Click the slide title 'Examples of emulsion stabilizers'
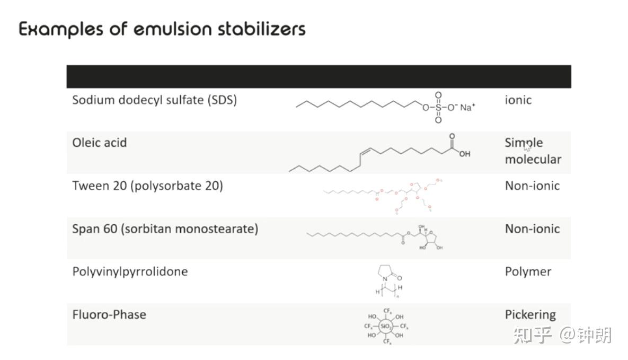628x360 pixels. click(x=162, y=29)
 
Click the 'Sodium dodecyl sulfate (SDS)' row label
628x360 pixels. click(x=154, y=100)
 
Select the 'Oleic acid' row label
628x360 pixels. click(x=100, y=143)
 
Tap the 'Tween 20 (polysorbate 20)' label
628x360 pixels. click(x=147, y=186)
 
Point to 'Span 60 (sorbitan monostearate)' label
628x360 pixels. click(x=165, y=229)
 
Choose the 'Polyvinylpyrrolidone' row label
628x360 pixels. click(x=130, y=272)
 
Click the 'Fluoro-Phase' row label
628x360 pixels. click(x=109, y=314)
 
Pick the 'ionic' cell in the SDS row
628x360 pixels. click(x=518, y=100)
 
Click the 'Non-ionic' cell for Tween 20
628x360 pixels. click(x=532, y=186)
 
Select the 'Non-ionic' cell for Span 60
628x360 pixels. click(x=532, y=229)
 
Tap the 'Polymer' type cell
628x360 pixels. click(x=528, y=272)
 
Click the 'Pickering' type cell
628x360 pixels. click(x=530, y=314)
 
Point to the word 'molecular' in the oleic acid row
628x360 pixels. click(x=533, y=159)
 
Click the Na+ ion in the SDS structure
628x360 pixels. click(x=467, y=108)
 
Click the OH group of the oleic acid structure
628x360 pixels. click(x=464, y=154)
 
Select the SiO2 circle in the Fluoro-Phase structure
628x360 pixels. click(x=386, y=326)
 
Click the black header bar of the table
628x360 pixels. click(x=319, y=76)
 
